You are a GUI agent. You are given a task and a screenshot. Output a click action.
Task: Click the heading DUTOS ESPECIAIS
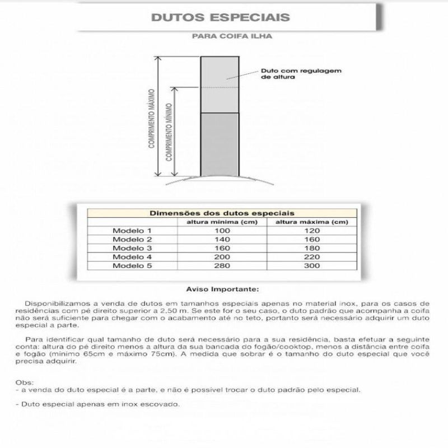pyautogui.click(x=221, y=17)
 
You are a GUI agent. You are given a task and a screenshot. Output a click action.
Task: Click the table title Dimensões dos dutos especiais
pyautogui.click(x=223, y=213)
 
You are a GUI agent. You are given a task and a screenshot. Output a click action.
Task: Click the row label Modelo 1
pyautogui.click(x=132, y=231)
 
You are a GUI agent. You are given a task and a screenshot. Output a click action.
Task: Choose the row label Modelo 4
pyautogui.click(x=132, y=256)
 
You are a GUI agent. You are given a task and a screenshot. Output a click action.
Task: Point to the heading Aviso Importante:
pyautogui.click(x=223, y=290)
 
